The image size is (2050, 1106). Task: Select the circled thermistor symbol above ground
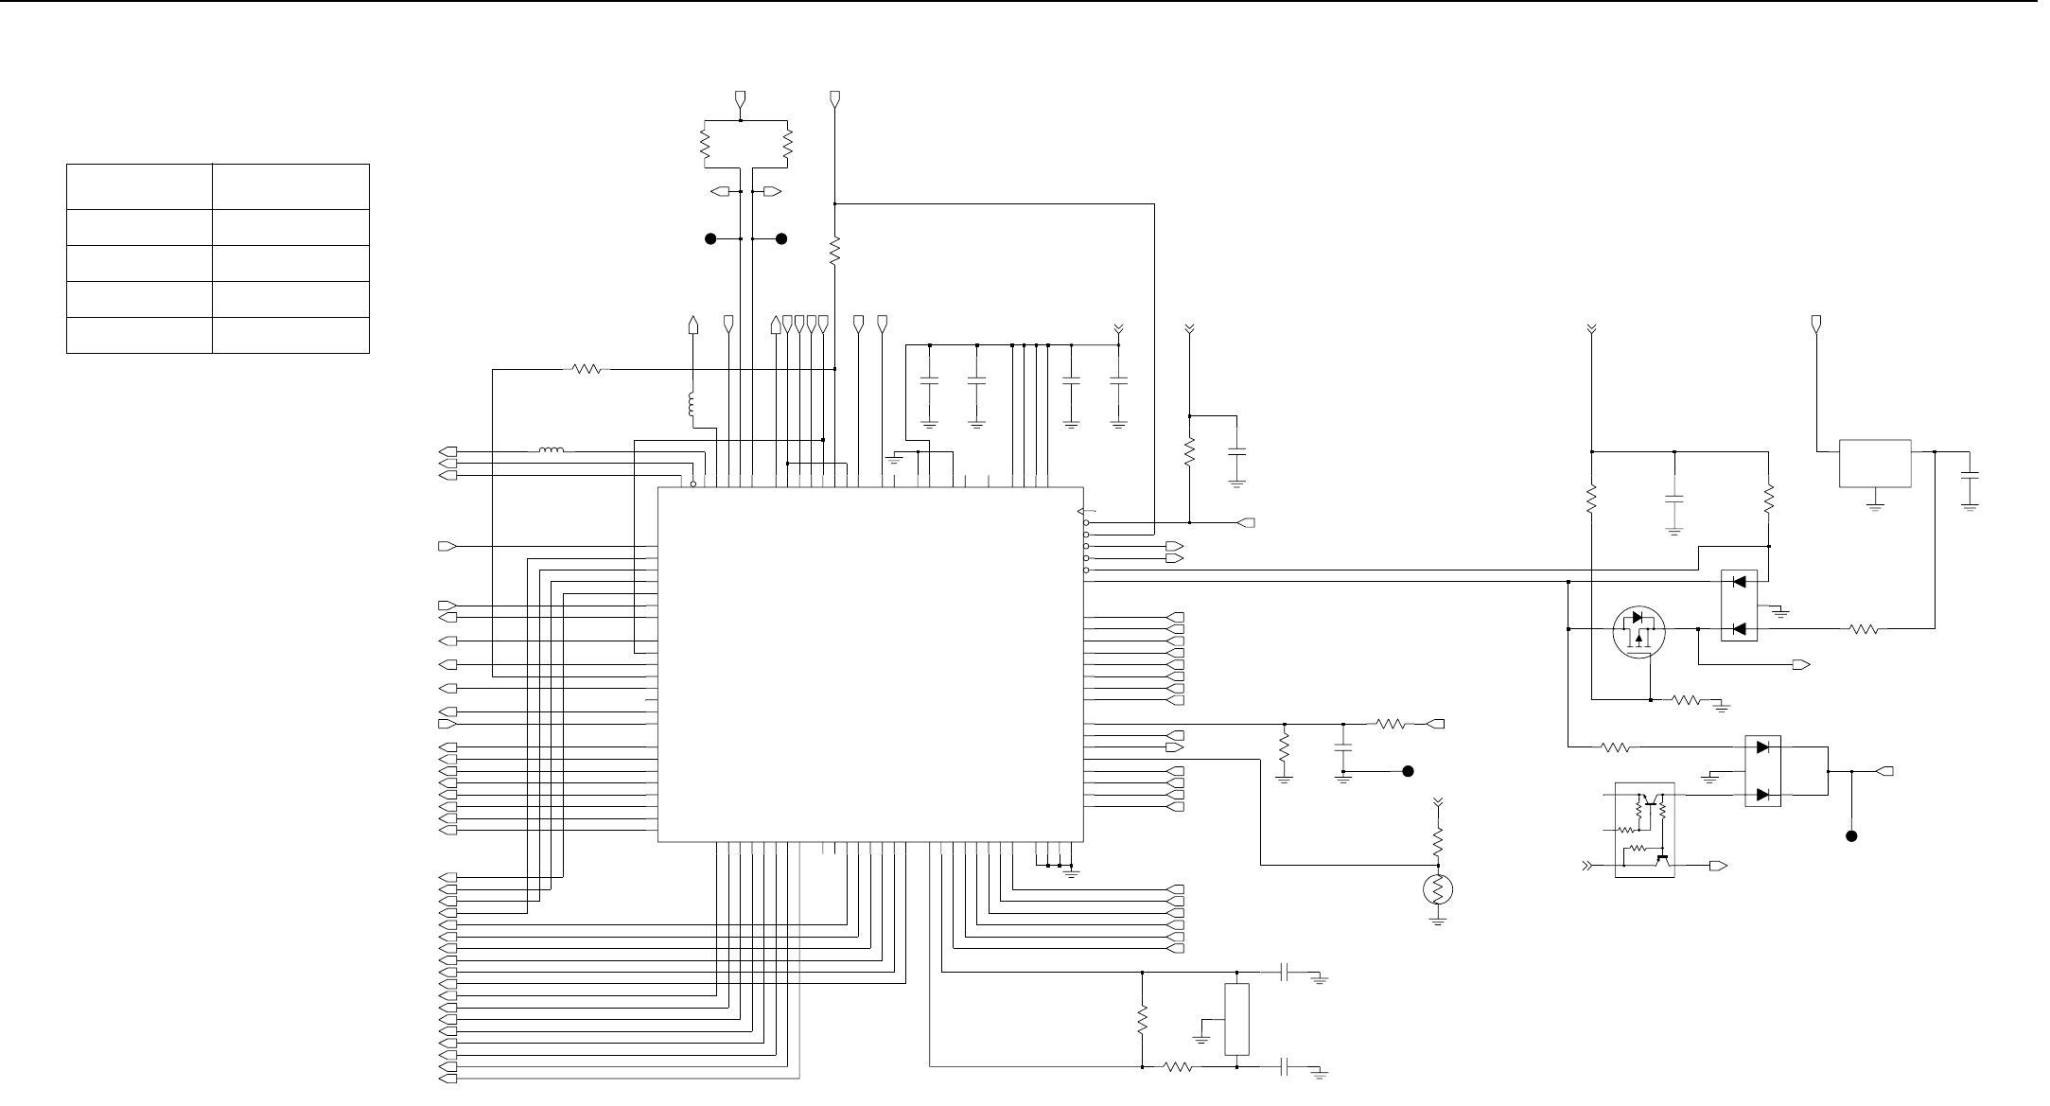pos(1438,889)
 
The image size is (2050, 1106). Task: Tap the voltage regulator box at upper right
pos(1874,464)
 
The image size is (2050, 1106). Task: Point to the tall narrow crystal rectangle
pos(1236,1019)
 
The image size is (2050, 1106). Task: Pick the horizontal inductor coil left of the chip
pos(552,451)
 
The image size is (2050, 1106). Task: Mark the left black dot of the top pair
pos(710,239)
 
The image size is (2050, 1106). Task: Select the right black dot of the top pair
pos(781,239)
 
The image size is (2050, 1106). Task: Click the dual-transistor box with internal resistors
pos(1644,830)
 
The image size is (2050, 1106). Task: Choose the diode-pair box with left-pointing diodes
pos(1738,606)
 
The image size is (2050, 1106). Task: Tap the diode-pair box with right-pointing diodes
pos(1762,771)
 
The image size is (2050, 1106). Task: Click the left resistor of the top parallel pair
pos(705,144)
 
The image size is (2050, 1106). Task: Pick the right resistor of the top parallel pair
pos(788,144)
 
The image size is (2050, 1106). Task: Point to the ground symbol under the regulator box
pos(1874,504)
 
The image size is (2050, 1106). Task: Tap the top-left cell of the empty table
pos(139,186)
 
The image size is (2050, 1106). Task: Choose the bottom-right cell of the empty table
pos(290,335)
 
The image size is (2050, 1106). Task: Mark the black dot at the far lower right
pos(1852,836)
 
